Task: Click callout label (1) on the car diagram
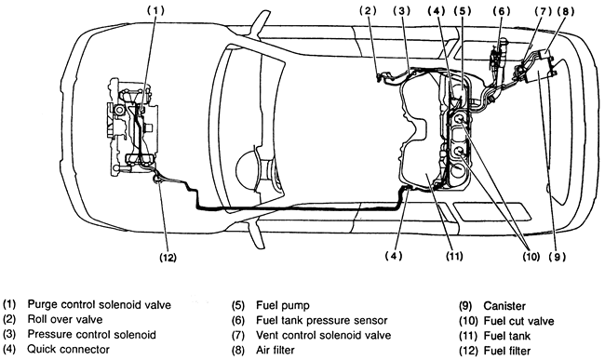pos(155,11)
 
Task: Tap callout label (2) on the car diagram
pos(368,11)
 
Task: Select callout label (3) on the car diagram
pos(402,11)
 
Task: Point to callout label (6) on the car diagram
pos(501,11)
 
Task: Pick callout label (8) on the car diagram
pos(566,11)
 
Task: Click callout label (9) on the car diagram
pos(558,257)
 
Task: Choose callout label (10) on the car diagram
pos(531,257)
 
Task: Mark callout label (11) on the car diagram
pos(454,256)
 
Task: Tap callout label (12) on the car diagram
pos(168,258)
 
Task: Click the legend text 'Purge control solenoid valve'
pos(100,304)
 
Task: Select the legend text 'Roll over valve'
pos(65,319)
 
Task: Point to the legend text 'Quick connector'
pos(68,349)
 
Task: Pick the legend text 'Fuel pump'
pos(283,305)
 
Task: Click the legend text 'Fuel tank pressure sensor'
pos(322,320)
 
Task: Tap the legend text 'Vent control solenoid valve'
pos(323,335)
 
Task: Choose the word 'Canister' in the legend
pos(504,306)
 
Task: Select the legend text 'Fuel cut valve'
pos(518,321)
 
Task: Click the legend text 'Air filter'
pos(276,350)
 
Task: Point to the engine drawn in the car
pos(132,127)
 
